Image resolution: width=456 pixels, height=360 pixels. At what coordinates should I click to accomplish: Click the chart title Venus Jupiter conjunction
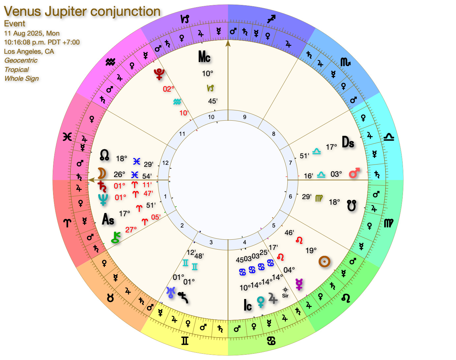[x=82, y=12]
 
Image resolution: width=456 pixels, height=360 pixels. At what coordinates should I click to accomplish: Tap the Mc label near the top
[x=204, y=57]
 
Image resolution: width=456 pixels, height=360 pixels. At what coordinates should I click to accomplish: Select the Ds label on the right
[x=348, y=142]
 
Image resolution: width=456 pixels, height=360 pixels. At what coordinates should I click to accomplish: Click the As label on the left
[x=108, y=219]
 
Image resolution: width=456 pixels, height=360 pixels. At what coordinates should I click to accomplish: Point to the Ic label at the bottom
[x=247, y=305]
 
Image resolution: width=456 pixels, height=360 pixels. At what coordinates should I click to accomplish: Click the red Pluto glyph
[x=159, y=74]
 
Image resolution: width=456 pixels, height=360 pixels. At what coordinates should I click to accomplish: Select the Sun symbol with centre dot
[x=324, y=262]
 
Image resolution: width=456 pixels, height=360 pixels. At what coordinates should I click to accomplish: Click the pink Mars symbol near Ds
[x=354, y=173]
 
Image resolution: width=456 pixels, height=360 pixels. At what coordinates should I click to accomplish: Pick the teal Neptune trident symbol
[x=103, y=199]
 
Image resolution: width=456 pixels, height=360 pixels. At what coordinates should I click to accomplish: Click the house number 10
[x=211, y=117]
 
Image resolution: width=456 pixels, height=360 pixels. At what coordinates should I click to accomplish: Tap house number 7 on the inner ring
[x=290, y=163]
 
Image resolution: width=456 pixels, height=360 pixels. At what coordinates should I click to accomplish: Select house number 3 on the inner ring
[x=211, y=242]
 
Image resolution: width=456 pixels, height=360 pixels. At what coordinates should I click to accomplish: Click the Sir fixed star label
[x=285, y=295]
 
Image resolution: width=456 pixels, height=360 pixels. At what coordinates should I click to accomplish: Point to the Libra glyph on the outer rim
[x=389, y=137]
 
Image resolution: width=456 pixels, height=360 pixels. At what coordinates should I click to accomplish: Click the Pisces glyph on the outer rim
[x=68, y=137]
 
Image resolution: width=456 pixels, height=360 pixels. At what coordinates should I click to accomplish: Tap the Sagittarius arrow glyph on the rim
[x=271, y=19]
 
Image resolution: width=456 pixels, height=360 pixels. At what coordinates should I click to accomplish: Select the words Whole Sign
[x=22, y=78]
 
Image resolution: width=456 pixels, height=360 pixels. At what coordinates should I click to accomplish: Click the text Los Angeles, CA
[x=29, y=51]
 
